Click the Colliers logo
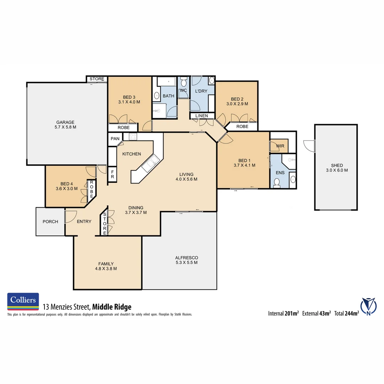[23, 300]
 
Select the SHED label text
[336, 165]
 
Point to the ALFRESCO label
[186, 258]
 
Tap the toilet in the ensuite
[277, 182]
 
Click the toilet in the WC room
[183, 83]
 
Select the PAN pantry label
[115, 139]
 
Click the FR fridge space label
[112, 174]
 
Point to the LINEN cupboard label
[202, 116]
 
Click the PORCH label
[50, 222]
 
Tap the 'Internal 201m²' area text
[284, 313]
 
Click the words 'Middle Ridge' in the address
[112, 307]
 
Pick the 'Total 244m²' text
[346, 313]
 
